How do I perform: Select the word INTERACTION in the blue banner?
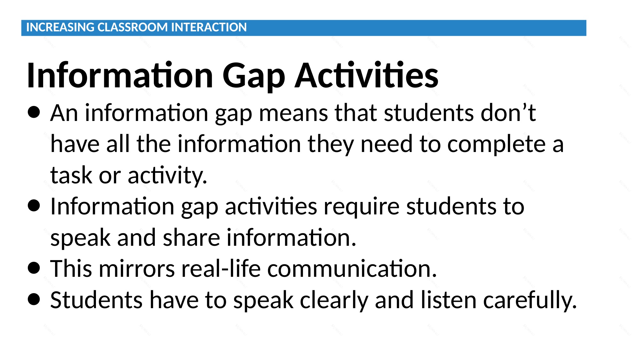(209, 28)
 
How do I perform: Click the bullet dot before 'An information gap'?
(34, 112)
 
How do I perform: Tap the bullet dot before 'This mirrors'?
(34, 268)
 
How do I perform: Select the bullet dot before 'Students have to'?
(34, 299)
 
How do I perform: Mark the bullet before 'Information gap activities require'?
(34, 206)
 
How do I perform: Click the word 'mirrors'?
(137, 268)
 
